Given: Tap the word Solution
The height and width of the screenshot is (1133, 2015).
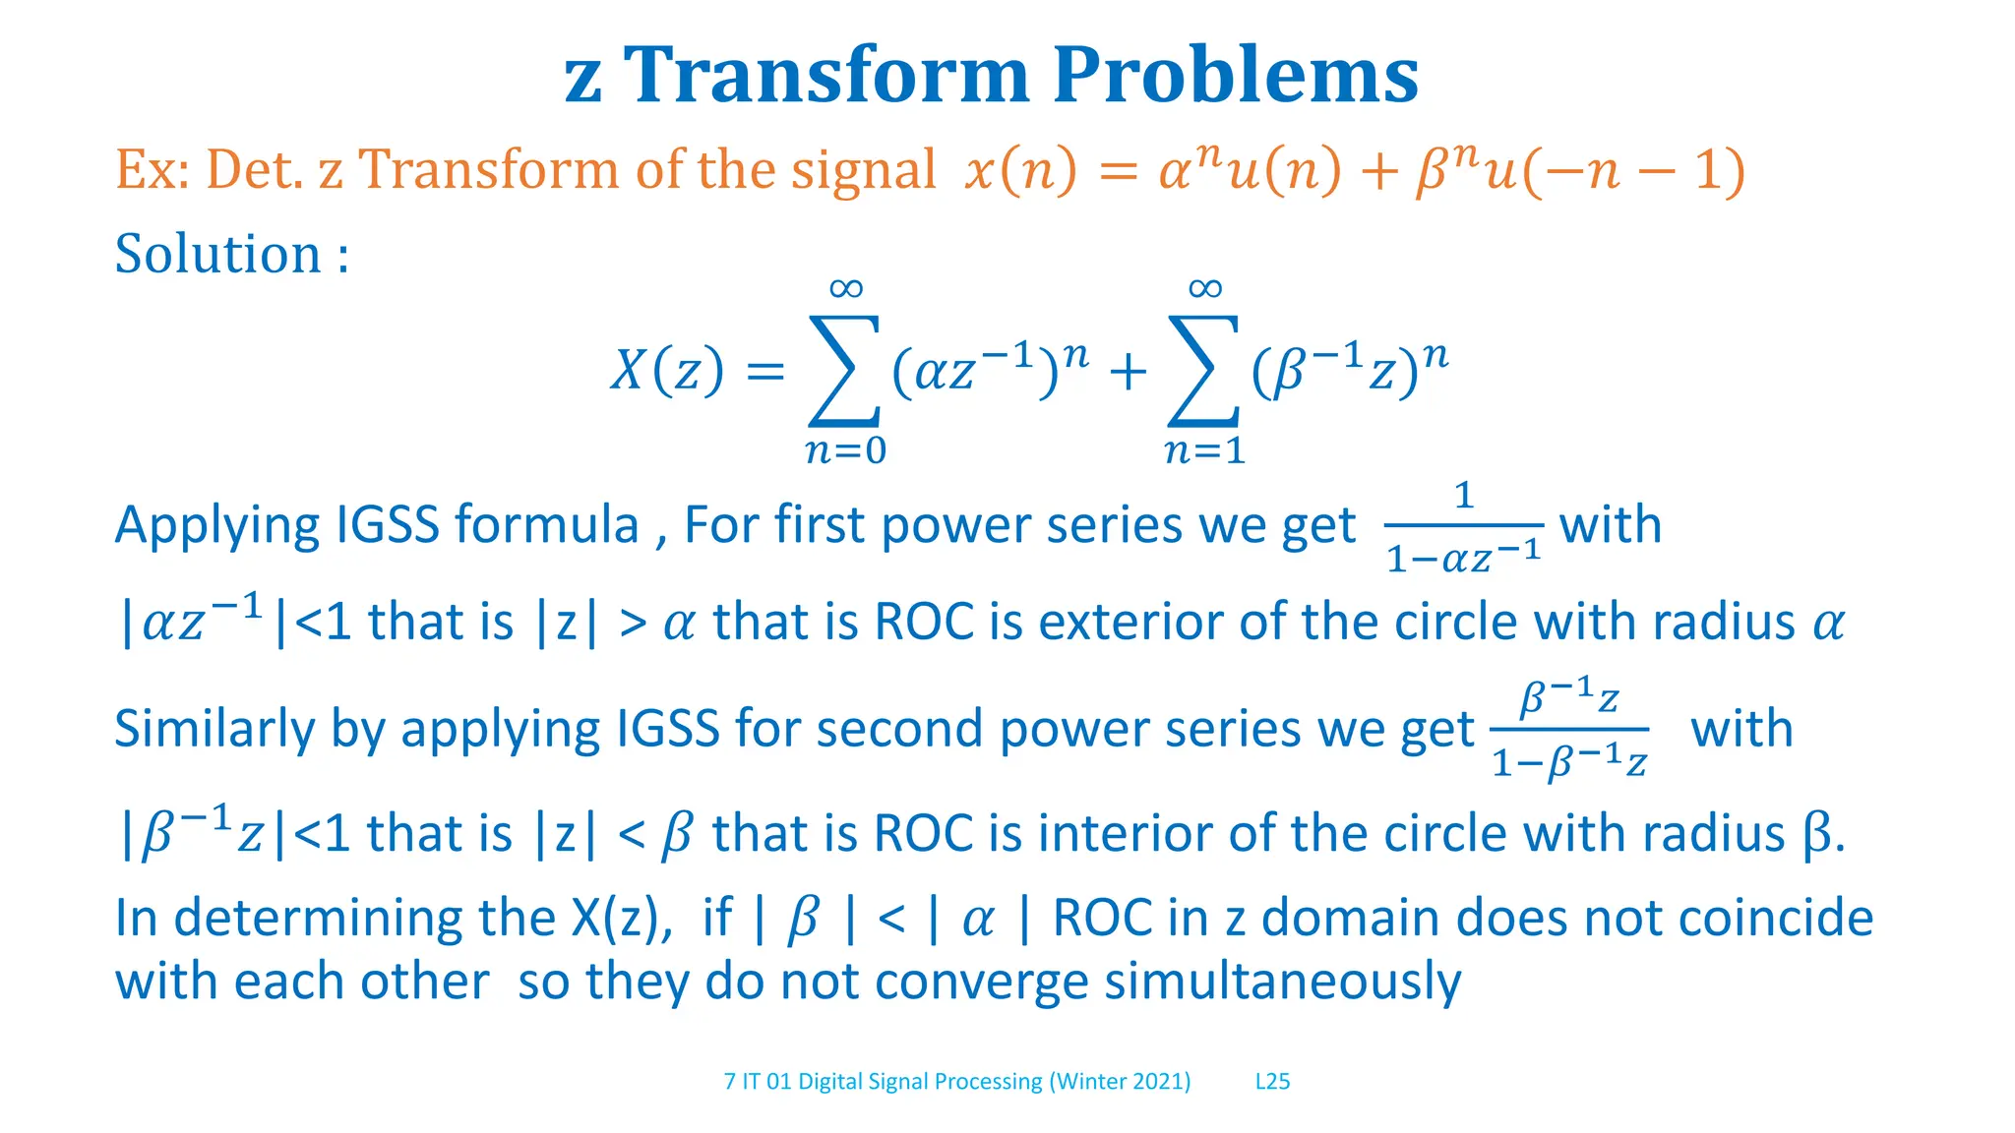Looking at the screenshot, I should click(217, 254).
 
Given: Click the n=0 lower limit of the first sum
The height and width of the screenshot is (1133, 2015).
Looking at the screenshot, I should click(845, 450).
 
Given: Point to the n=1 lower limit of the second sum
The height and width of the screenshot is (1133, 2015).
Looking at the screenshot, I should click(1204, 450).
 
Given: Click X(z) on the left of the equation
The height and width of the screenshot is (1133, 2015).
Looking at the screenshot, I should click(666, 371).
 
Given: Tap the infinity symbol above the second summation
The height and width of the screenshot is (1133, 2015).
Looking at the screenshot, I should click(1205, 288).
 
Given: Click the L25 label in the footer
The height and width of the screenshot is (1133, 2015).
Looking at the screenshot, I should click(1272, 1082).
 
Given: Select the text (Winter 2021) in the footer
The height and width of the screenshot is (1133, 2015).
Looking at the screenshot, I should click(1120, 1082).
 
